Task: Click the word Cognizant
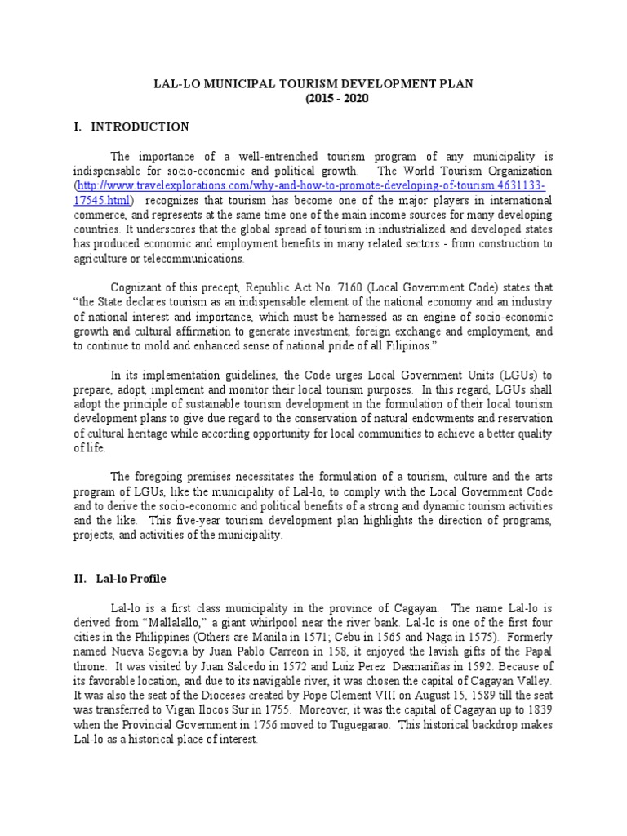tap(140, 287)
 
